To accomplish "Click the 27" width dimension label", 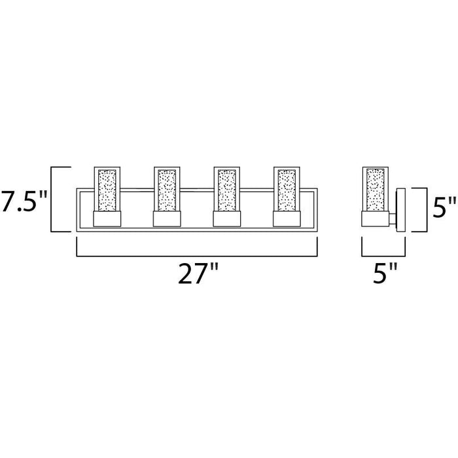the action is coord(198,273).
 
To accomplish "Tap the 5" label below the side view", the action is coord(385,273).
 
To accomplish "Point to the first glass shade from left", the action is coord(107,189).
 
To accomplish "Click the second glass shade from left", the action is coord(167,189).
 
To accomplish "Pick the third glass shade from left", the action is coord(226,189).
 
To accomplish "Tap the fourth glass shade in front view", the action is coord(287,189).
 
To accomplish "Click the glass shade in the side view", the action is coord(376,189).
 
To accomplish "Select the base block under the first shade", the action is coord(107,219).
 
